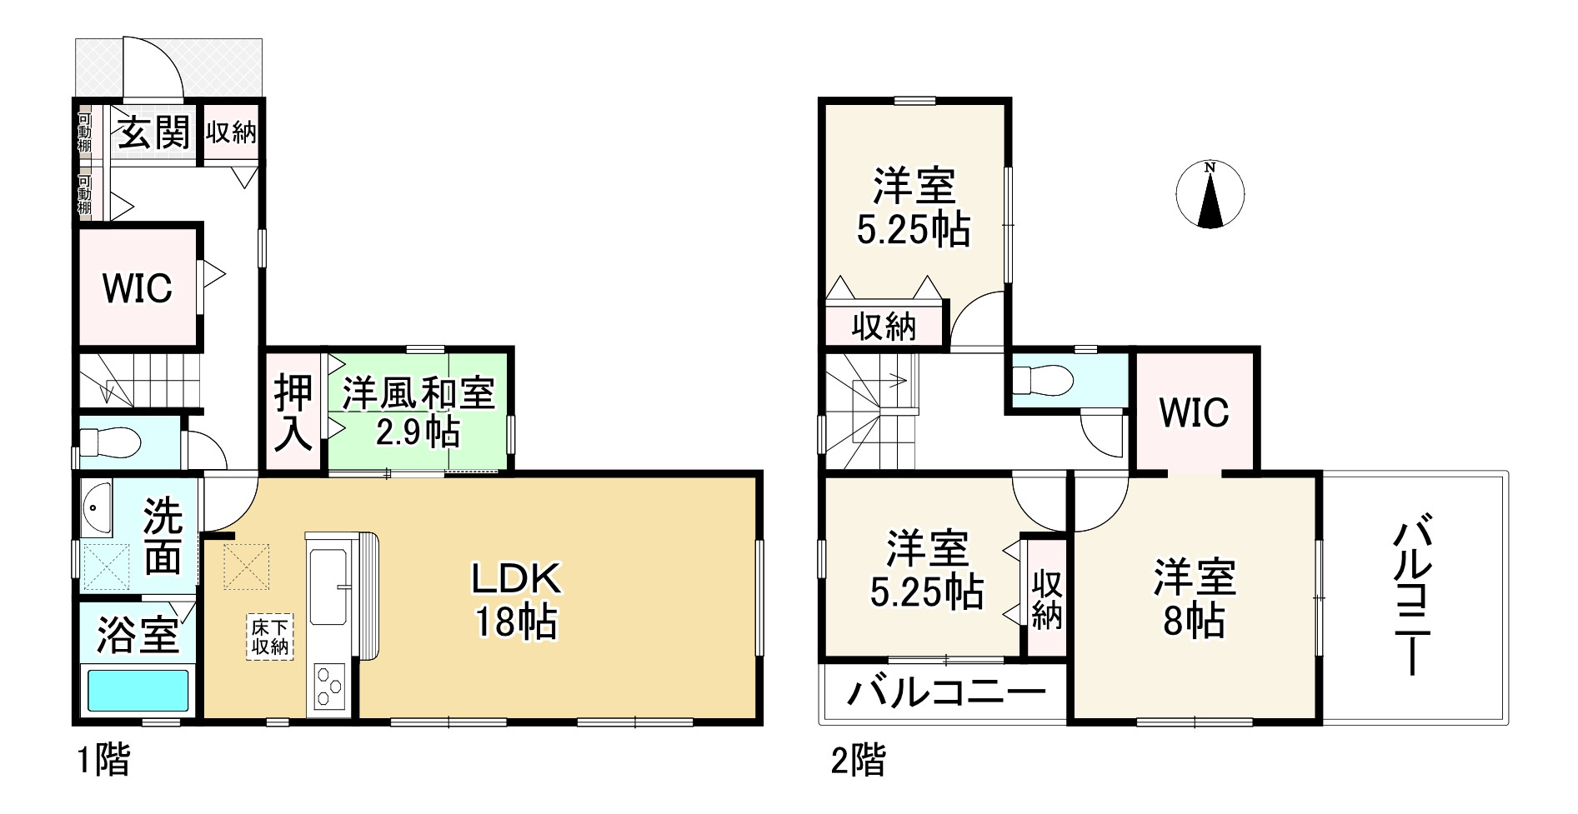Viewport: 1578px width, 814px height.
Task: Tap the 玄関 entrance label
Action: tap(153, 132)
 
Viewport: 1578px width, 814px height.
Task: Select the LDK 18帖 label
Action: tap(516, 599)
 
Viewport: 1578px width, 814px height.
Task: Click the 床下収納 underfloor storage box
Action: tap(270, 637)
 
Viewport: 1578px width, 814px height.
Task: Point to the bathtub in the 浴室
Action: tap(138, 690)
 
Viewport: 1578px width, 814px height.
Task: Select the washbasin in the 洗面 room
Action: tap(98, 507)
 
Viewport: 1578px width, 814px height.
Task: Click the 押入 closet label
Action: tap(294, 413)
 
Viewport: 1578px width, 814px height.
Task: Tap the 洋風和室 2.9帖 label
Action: tap(418, 412)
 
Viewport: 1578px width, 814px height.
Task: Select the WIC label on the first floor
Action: tap(138, 288)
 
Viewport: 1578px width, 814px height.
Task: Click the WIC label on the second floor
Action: tap(1194, 412)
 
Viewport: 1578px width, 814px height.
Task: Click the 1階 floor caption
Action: tap(103, 761)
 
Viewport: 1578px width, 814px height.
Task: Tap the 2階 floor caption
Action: tap(858, 761)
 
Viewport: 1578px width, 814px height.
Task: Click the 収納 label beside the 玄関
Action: tap(231, 132)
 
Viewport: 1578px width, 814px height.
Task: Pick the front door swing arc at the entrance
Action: tap(154, 67)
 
